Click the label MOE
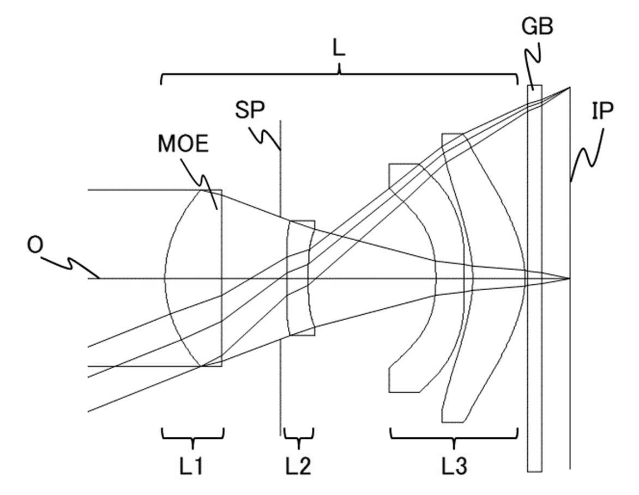183,144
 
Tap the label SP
250,109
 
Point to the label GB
537,27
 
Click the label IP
602,111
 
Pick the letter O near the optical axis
34,246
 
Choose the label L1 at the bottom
191,467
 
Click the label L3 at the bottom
454,467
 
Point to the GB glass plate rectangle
534,278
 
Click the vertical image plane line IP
570,278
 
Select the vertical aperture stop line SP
280,278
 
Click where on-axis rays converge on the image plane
569,278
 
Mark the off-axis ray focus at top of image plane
569,88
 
